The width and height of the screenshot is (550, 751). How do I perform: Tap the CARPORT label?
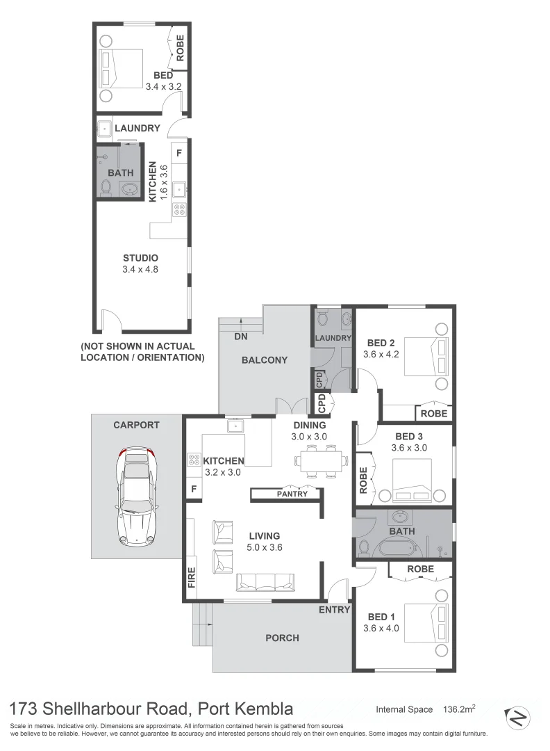(136, 425)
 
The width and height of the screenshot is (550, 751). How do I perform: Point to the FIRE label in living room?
(192, 577)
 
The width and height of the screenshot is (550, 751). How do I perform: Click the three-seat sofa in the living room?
(265, 582)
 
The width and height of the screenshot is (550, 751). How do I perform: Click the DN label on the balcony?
(241, 336)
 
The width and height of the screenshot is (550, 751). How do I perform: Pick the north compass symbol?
(517, 715)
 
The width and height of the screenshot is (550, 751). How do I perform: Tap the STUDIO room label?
(142, 258)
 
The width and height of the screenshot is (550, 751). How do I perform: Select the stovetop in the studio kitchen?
(178, 209)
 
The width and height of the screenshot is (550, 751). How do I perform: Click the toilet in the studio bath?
(106, 186)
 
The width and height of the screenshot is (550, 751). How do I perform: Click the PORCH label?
(282, 638)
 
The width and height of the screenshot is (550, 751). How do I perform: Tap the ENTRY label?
(334, 610)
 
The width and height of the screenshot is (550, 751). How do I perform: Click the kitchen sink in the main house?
(235, 425)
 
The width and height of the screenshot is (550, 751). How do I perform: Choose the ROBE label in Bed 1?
(420, 569)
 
